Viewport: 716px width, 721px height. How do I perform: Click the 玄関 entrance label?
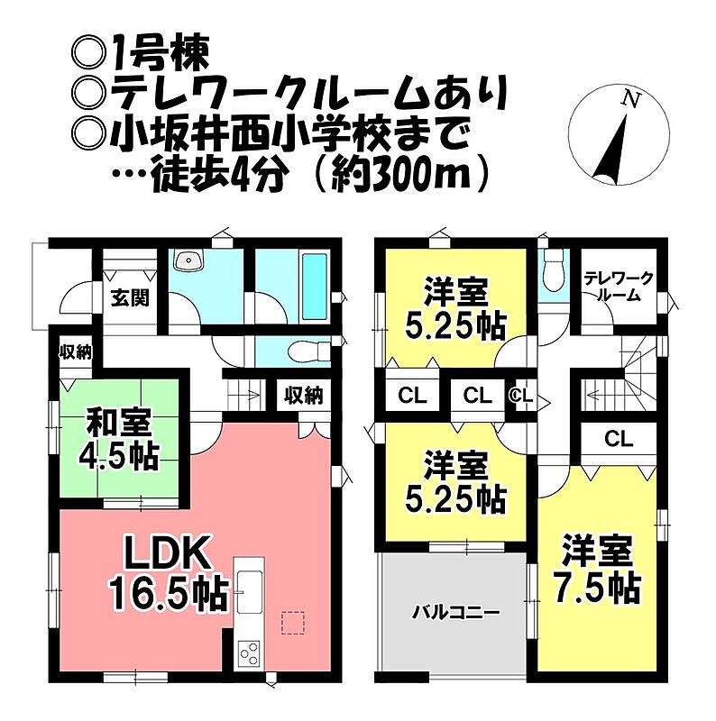pos(131,298)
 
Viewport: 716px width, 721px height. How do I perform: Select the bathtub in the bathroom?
pos(315,287)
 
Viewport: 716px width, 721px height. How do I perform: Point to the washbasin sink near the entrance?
pos(188,260)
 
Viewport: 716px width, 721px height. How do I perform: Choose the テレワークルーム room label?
pos(619,287)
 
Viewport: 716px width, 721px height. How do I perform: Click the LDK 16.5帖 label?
pos(169,575)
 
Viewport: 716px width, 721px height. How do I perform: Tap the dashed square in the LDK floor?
pos(293,623)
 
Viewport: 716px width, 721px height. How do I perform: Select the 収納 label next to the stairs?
pos(303,396)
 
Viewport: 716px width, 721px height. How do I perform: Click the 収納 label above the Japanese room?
pos(76,352)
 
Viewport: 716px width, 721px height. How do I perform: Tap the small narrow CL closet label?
pos(521,395)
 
